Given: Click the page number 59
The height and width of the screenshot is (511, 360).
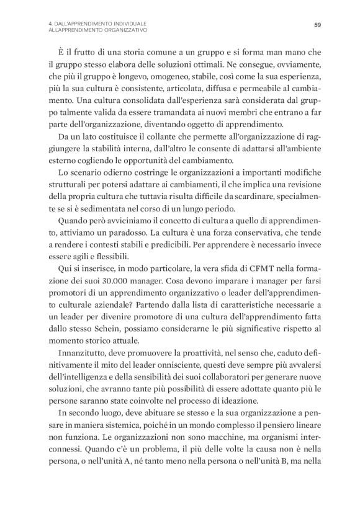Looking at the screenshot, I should tap(317, 25).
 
